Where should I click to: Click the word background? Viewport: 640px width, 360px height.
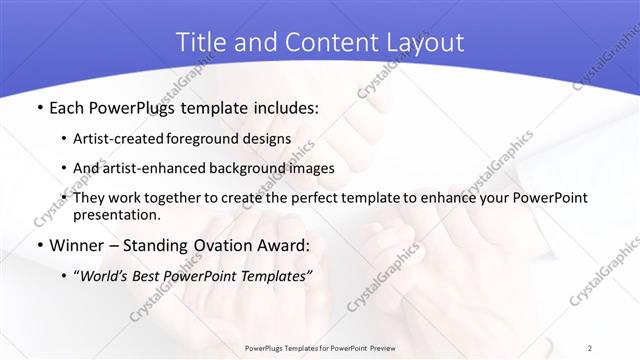coord(250,168)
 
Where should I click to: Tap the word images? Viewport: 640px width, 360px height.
coord(312,168)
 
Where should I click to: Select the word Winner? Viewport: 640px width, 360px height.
coord(76,245)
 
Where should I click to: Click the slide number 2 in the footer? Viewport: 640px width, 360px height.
coord(589,347)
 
